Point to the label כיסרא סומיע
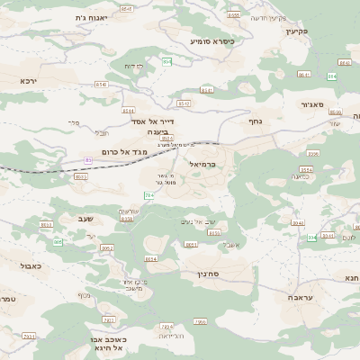211,40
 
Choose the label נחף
255,119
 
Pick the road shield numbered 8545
126,9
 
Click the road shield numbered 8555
234,15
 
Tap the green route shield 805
58,242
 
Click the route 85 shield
88,159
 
